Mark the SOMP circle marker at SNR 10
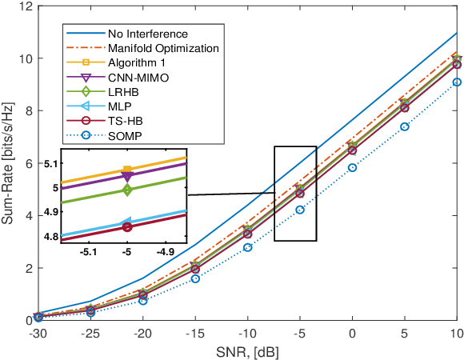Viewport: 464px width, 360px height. (x=456, y=82)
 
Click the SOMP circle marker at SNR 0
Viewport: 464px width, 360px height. (x=352, y=167)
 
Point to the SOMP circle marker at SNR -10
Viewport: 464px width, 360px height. (x=247, y=247)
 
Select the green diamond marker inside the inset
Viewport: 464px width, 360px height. (x=126, y=190)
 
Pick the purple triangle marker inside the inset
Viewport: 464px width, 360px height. (x=126, y=176)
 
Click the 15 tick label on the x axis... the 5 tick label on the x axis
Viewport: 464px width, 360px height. (x=404, y=332)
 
